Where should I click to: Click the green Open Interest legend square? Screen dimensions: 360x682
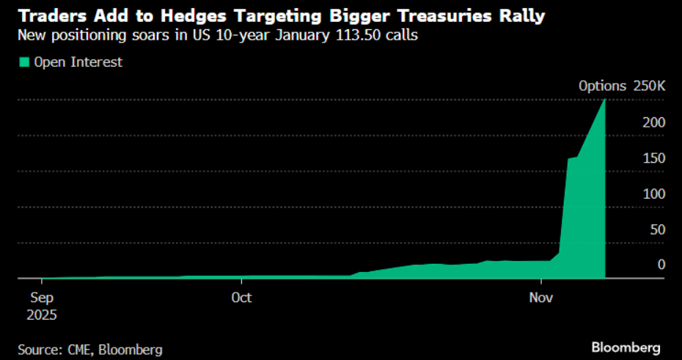23,62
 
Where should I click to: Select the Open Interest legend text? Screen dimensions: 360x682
78,62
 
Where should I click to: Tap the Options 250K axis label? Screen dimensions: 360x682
622,86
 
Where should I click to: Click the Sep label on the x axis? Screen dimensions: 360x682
42,298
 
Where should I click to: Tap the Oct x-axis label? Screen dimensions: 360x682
241,298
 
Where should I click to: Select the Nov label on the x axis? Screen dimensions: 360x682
541,298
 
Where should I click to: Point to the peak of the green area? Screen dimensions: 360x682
604,100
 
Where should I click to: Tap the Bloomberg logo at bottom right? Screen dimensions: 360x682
626,346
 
